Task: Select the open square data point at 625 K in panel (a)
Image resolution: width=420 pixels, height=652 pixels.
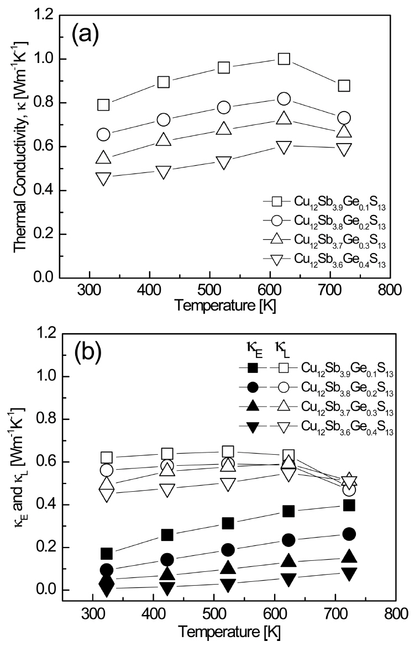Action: tap(284, 59)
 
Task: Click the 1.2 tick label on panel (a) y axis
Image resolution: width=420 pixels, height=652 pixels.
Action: tap(41, 16)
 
